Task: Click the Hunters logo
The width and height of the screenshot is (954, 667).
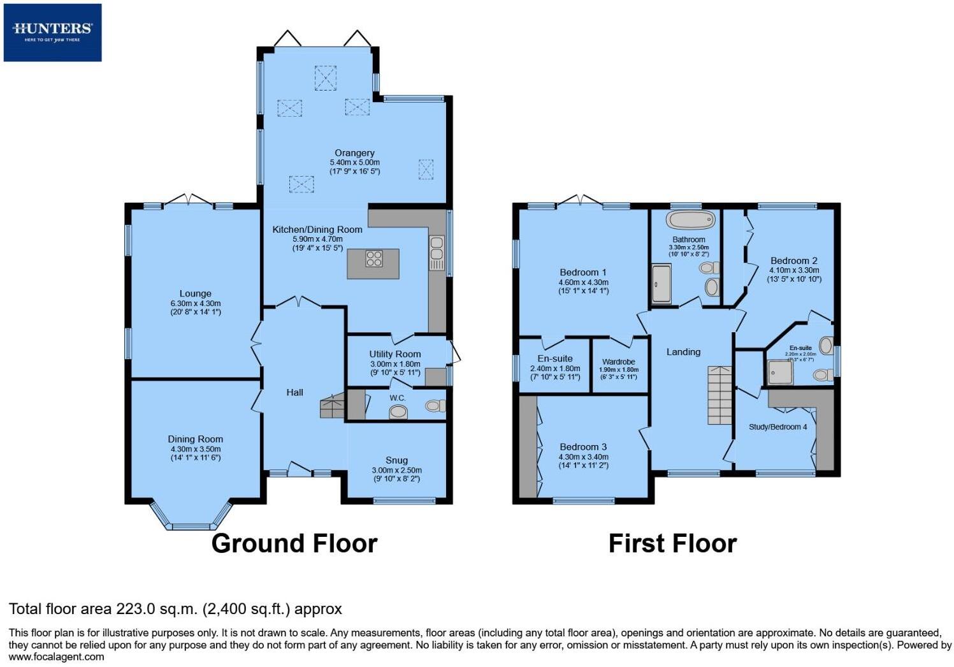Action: tap(52, 32)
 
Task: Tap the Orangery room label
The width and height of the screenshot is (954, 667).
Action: tap(354, 153)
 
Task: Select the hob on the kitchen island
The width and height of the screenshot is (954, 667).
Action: tap(374, 258)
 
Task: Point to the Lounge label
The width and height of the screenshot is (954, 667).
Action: tap(195, 294)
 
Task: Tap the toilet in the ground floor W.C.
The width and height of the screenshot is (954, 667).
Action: tap(435, 406)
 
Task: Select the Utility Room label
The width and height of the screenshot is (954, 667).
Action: tap(395, 354)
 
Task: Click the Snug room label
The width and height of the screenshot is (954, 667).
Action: tap(396, 460)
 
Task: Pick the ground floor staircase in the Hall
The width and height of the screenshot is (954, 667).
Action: tap(332, 406)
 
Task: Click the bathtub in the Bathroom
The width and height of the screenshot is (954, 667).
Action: tap(691, 221)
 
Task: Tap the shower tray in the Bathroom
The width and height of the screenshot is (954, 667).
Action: tap(660, 284)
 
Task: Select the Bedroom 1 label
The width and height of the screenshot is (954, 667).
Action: tap(583, 272)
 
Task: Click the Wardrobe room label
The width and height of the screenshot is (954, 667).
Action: tap(618, 362)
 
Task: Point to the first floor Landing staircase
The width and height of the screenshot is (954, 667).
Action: tap(720, 395)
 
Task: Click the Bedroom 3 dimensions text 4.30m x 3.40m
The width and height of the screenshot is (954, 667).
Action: tap(583, 457)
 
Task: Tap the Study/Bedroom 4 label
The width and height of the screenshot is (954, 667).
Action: tap(777, 427)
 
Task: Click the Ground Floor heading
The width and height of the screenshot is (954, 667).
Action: tap(294, 543)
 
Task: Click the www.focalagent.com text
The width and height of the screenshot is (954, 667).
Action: tap(56, 656)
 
